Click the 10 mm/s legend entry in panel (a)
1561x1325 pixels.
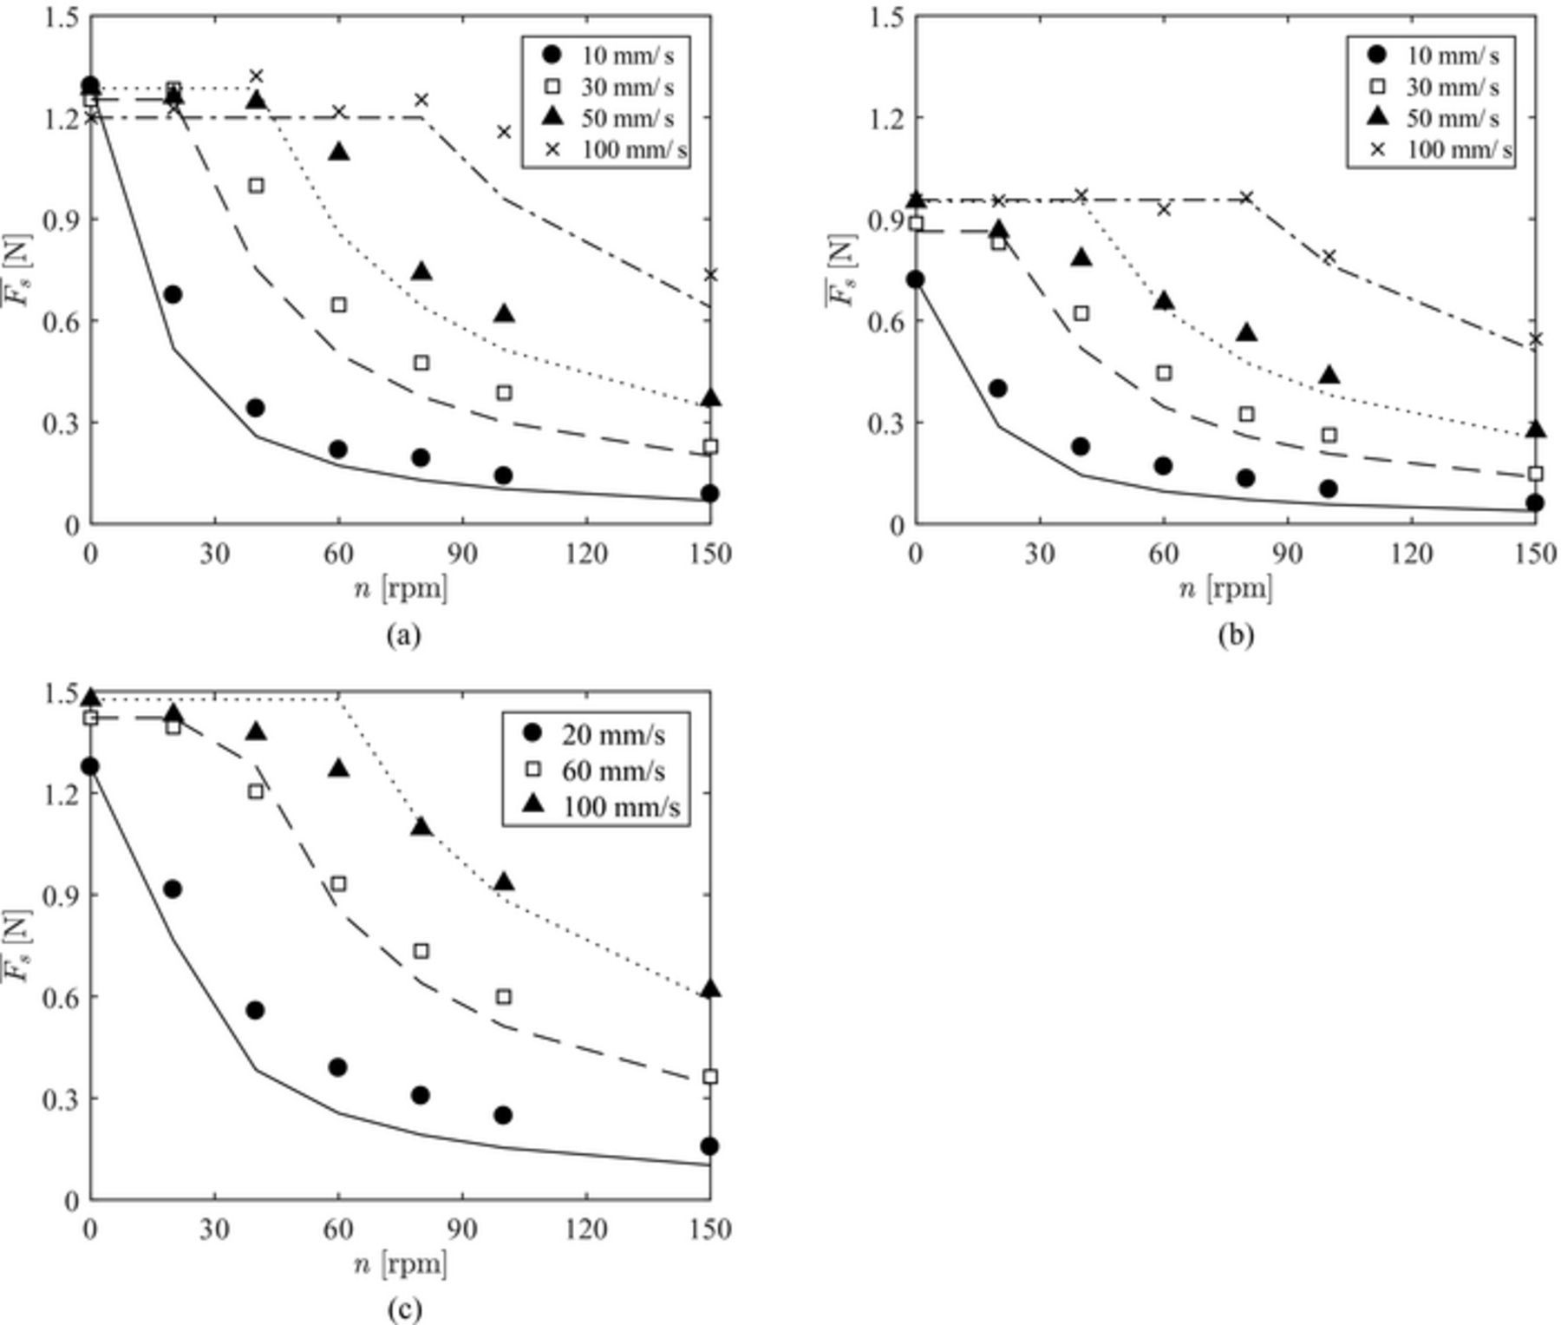point(607,56)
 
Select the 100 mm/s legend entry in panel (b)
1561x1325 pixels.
point(1444,149)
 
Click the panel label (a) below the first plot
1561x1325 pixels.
point(403,635)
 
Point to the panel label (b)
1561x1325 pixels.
point(1235,635)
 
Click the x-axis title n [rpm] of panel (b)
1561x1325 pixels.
point(1225,589)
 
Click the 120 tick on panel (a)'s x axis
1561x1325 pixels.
point(586,554)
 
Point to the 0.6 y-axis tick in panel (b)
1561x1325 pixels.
point(883,321)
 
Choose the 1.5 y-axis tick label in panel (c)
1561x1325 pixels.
point(59,692)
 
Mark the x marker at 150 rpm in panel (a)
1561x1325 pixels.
point(711,274)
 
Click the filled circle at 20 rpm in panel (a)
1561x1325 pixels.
point(173,294)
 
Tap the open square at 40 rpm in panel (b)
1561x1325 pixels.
point(1081,313)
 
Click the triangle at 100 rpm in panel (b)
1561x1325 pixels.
point(1329,376)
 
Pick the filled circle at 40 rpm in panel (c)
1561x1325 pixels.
point(255,1010)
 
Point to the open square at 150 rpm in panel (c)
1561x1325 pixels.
point(710,1076)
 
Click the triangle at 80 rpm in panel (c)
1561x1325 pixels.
point(421,827)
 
